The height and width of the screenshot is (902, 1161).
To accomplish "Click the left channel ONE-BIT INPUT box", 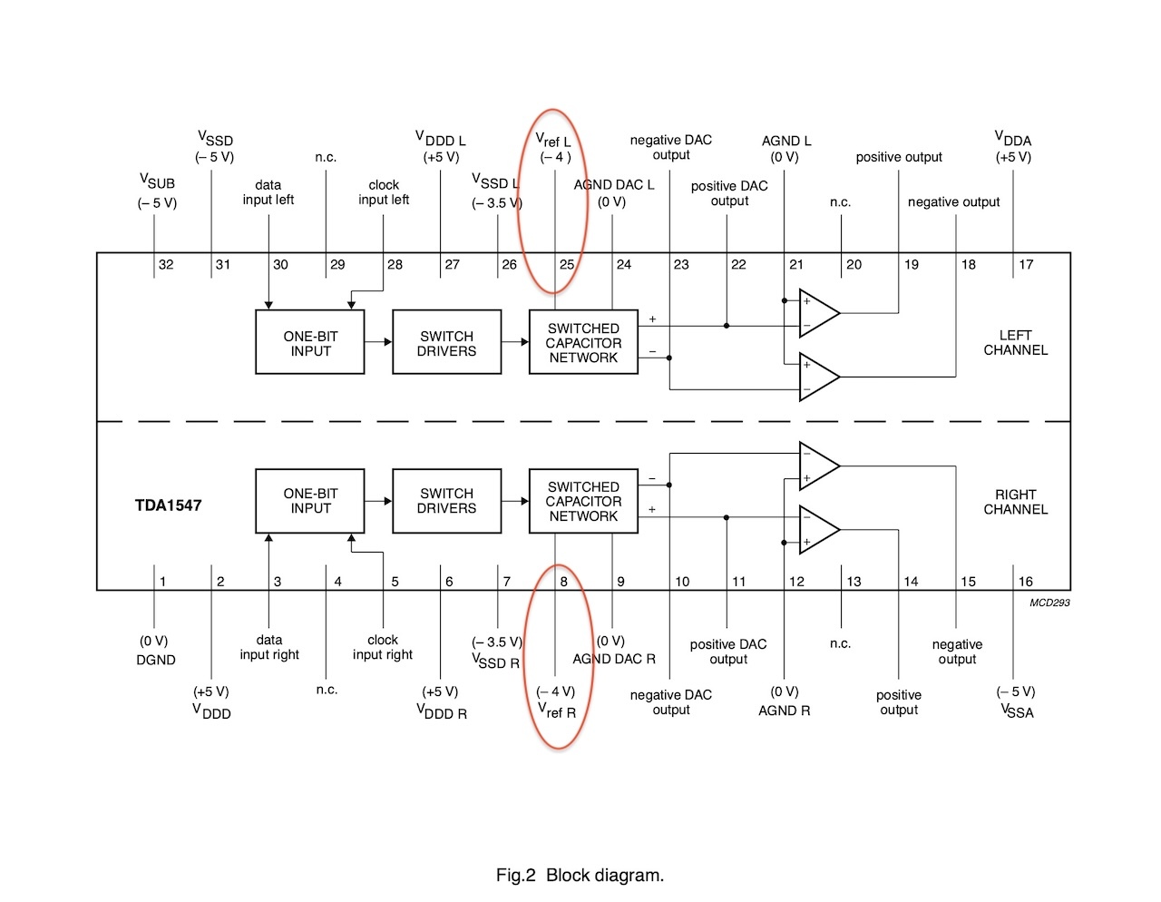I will (310, 342).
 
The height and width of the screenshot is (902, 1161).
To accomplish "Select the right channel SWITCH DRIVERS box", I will (446, 501).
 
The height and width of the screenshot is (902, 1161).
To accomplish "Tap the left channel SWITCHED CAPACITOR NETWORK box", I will (583, 342).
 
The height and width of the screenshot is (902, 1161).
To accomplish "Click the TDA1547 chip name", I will (168, 505).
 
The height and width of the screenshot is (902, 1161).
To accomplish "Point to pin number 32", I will (166, 265).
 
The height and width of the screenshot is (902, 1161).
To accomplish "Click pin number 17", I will (1026, 265).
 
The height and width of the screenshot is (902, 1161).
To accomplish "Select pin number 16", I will (1025, 582).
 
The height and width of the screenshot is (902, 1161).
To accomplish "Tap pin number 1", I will (163, 582).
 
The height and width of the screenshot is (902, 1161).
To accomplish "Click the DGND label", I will (156, 660).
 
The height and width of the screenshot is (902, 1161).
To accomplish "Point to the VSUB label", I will (157, 182).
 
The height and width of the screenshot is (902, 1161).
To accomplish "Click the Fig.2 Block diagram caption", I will (580, 875).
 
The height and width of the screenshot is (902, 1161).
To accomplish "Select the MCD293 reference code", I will (1049, 603).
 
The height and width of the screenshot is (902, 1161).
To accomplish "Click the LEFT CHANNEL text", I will (1016, 342).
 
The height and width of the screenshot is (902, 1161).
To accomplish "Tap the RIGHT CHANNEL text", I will (1016, 502).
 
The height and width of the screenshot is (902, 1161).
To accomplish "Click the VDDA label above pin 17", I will (1013, 140).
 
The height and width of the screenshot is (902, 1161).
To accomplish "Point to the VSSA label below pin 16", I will (1017, 711).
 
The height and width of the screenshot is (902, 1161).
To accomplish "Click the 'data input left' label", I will (268, 192).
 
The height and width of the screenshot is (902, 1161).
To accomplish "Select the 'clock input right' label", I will (383, 647).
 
